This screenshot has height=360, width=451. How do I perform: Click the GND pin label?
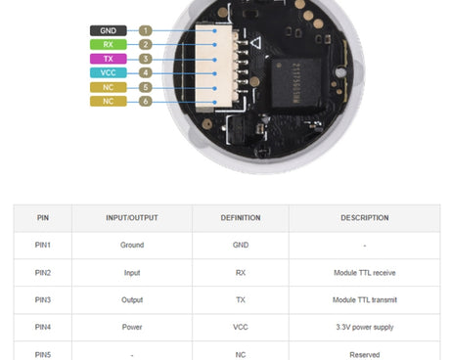pyautogui.click(x=109, y=31)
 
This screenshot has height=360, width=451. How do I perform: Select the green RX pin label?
pyautogui.click(x=109, y=45)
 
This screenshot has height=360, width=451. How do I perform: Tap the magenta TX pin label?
pyautogui.click(x=109, y=59)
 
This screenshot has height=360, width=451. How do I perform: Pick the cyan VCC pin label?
pyautogui.click(x=109, y=72)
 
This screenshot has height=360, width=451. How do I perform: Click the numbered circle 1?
pyautogui.click(x=146, y=31)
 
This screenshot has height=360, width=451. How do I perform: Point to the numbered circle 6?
pyautogui.click(x=146, y=101)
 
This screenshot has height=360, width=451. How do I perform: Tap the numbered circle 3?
pyautogui.click(x=146, y=59)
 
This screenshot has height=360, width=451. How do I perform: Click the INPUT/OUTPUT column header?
pyautogui.click(x=132, y=217)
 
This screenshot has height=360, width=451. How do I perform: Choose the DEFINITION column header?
pyautogui.click(x=241, y=217)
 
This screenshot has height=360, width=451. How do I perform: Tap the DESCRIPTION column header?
pyautogui.click(x=364, y=217)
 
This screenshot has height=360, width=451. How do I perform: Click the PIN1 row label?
pyautogui.click(x=42, y=245)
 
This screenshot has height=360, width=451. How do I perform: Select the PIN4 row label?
pyautogui.click(x=42, y=327)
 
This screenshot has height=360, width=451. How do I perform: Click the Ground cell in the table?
pyautogui.click(x=132, y=245)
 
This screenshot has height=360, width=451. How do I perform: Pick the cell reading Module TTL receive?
pyautogui.click(x=364, y=272)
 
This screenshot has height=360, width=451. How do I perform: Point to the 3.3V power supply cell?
pyautogui.click(x=364, y=327)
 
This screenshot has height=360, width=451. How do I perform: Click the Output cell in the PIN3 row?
pyautogui.click(x=132, y=299)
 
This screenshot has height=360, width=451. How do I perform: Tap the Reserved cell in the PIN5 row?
pyautogui.click(x=364, y=353)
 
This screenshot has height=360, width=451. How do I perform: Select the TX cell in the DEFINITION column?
pyautogui.click(x=241, y=299)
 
